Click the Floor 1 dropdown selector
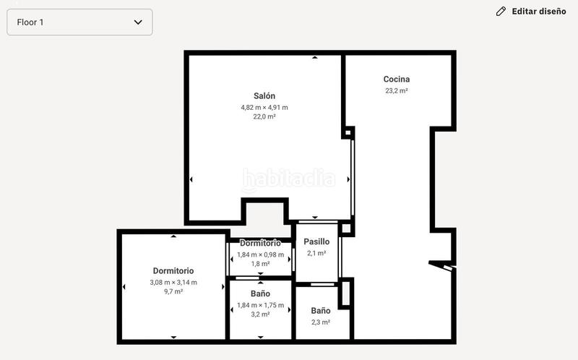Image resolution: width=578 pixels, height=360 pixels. click(79, 22)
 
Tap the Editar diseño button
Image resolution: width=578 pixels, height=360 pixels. click(538, 12)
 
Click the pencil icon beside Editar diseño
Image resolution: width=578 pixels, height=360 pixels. click(501, 12)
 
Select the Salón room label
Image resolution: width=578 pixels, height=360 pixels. click(264, 95)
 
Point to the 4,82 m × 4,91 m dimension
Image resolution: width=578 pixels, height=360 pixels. click(264, 107)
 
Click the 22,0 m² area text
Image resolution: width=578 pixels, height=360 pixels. click(264, 116)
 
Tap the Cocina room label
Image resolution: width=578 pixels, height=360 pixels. click(397, 79)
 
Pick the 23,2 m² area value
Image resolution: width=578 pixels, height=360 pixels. click(397, 90)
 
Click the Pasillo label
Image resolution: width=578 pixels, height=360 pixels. click(316, 241)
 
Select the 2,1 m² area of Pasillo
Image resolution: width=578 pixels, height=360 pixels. click(316, 253)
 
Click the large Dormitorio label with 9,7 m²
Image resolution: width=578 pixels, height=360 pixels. click(173, 271)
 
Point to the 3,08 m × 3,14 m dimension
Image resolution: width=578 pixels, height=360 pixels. click(173, 282)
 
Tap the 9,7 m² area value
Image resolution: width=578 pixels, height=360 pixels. click(173, 291)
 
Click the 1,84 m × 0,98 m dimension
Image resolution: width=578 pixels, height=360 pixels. click(260, 254)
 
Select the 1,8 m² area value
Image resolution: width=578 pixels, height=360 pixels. click(260, 264)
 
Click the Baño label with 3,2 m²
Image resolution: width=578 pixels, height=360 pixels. click(260, 293)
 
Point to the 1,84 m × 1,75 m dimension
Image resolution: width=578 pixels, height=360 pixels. click(260, 305)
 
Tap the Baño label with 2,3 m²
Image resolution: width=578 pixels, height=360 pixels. click(321, 310)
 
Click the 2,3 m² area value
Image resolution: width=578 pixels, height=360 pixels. click(321, 322)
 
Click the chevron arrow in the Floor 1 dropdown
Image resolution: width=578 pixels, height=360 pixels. click(138, 22)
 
